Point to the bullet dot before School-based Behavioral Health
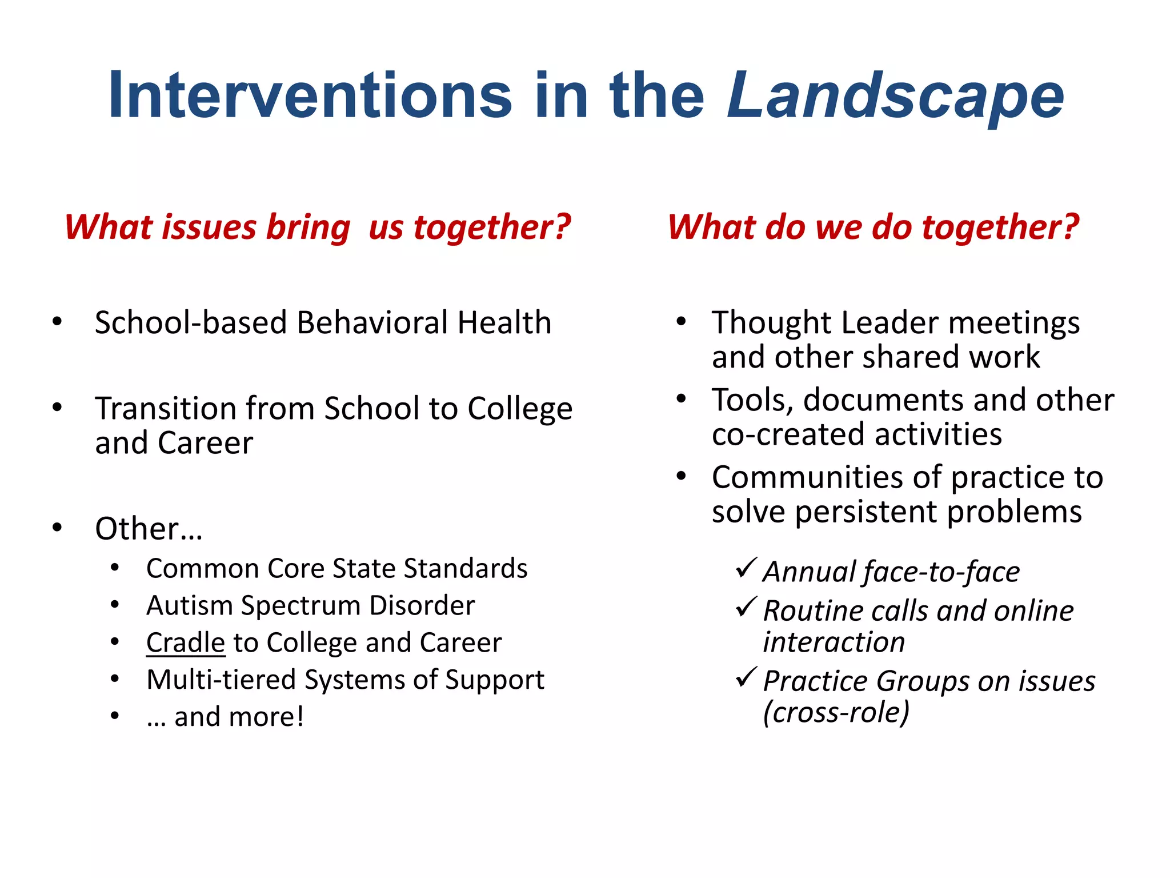pyautogui.click(x=57, y=321)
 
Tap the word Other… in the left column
pyautogui.click(x=149, y=529)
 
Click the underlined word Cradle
pyautogui.click(x=186, y=642)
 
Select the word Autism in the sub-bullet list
pyautogui.click(x=189, y=605)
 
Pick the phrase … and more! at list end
pyautogui.click(x=225, y=717)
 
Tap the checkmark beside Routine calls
pyautogui.click(x=746, y=607)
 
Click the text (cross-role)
pyautogui.click(x=836, y=713)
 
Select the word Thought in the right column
pyautogui.click(x=772, y=322)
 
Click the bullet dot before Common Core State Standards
pyautogui.click(x=115, y=568)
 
